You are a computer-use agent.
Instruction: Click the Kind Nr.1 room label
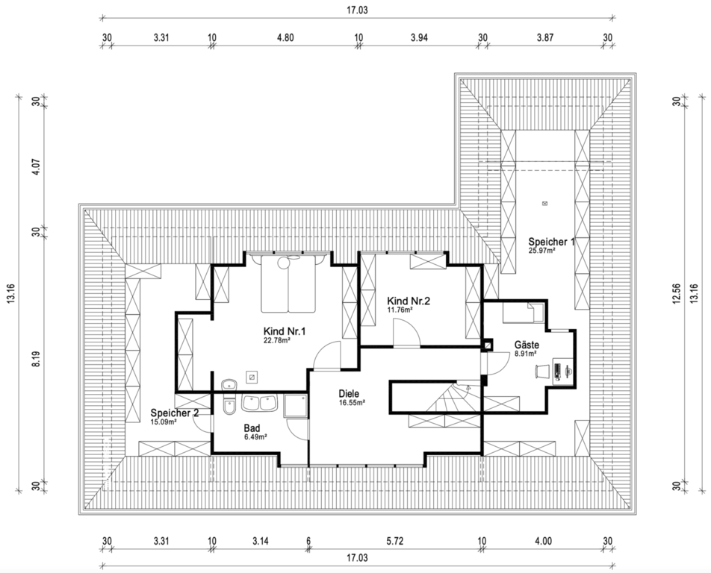(x=285, y=331)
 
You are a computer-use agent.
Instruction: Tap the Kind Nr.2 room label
(x=408, y=301)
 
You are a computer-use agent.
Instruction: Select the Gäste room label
(x=527, y=345)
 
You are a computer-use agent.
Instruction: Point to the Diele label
(x=349, y=394)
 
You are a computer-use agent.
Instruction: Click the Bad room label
(x=252, y=428)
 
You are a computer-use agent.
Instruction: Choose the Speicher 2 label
(x=175, y=413)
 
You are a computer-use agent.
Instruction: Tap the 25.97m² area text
(x=542, y=250)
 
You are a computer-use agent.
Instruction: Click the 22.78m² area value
(x=277, y=341)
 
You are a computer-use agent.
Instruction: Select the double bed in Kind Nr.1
(x=288, y=284)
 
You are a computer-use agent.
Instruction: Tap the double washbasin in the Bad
(x=259, y=403)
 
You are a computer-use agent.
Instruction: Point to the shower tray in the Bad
(x=295, y=405)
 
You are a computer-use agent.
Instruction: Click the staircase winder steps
(x=453, y=398)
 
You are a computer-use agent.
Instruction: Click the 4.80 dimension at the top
(x=285, y=37)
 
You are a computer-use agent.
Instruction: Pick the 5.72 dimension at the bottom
(x=394, y=541)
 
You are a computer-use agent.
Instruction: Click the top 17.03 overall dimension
(x=357, y=10)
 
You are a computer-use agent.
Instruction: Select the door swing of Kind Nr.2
(x=406, y=333)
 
